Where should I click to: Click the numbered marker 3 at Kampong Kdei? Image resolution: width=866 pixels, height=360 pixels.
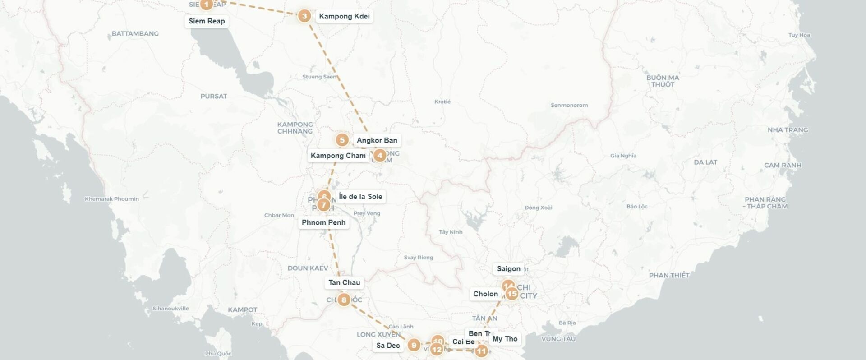click(304, 16)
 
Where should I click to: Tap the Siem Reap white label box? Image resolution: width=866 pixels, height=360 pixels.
click(207, 21)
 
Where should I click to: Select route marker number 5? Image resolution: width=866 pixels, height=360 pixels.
click(342, 140)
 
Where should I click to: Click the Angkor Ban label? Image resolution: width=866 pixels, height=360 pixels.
click(377, 140)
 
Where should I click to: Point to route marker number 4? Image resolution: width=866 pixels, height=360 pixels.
click(380, 156)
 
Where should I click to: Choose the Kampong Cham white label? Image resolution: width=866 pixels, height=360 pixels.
click(338, 156)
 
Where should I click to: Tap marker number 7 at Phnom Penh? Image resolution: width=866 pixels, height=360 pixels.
click(323, 205)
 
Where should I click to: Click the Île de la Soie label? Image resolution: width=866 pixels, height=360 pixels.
click(360, 197)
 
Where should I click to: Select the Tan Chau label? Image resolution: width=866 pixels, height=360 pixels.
click(344, 283)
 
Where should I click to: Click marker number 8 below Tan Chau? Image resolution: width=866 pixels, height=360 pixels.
click(344, 300)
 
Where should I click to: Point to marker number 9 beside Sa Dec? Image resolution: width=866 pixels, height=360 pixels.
click(414, 346)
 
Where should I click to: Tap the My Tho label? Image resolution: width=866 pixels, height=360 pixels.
click(505, 339)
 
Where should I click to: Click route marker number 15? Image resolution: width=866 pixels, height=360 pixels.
click(512, 294)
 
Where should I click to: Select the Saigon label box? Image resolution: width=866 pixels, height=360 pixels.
click(508, 269)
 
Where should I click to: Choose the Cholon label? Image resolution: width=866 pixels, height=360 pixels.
click(485, 294)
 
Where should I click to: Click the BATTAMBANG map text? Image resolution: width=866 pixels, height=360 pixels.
click(135, 34)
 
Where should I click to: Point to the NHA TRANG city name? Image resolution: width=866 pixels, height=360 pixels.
click(788, 130)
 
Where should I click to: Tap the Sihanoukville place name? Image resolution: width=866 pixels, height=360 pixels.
click(170, 309)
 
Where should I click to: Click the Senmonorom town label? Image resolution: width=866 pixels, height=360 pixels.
click(569, 106)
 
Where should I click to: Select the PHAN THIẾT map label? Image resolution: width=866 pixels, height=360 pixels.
click(669, 275)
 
